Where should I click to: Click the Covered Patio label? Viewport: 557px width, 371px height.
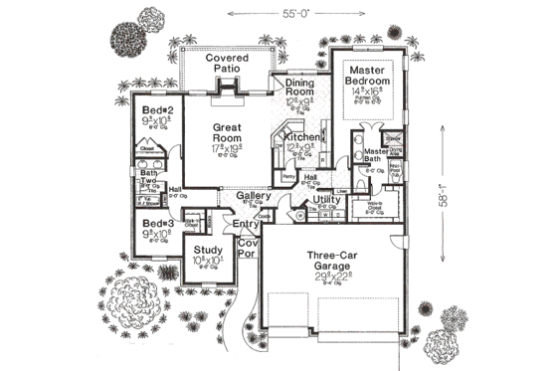pyautogui.click(x=227, y=67)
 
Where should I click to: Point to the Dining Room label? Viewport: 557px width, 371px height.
pyautogui.click(x=301, y=86)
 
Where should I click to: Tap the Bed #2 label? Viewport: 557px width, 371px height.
pyautogui.click(x=158, y=109)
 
